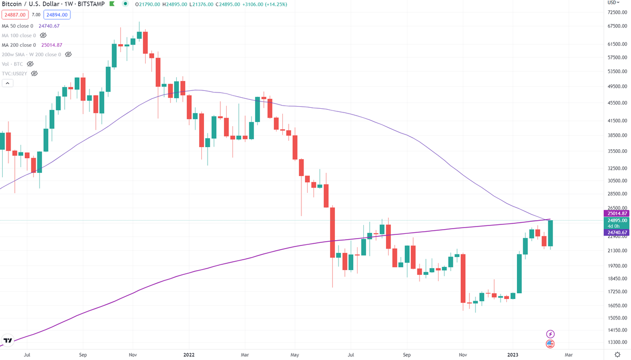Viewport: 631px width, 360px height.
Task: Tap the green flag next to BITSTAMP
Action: point(111,5)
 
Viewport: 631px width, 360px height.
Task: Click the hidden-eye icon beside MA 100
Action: point(43,35)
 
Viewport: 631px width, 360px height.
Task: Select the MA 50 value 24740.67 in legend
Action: point(49,26)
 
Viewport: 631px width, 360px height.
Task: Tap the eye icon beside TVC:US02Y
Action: point(34,73)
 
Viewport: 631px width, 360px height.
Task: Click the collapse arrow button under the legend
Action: point(7,83)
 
